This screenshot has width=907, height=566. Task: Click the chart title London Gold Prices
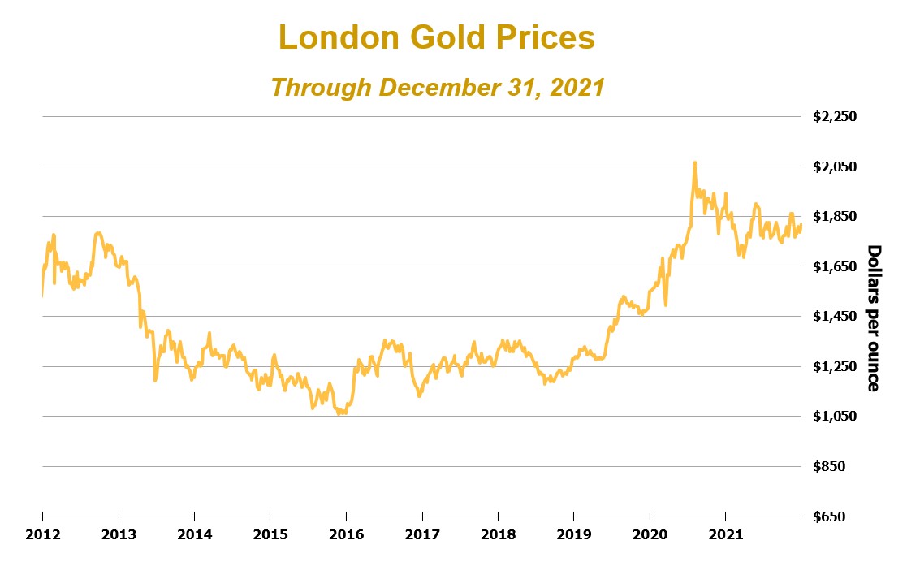437,37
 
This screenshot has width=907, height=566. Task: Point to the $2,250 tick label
835,116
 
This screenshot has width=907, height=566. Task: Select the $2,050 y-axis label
835,166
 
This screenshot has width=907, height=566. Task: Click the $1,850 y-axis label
835,216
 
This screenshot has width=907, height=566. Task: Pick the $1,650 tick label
835,266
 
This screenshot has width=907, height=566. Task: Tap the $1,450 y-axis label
835,316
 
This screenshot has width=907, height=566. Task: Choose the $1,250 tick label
835,366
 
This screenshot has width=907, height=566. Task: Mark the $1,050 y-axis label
835,417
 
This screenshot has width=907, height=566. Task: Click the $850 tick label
840,466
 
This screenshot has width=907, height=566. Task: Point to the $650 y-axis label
840,516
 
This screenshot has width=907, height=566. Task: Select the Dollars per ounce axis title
874,317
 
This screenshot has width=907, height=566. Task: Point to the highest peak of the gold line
694,162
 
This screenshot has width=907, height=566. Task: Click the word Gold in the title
446,37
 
